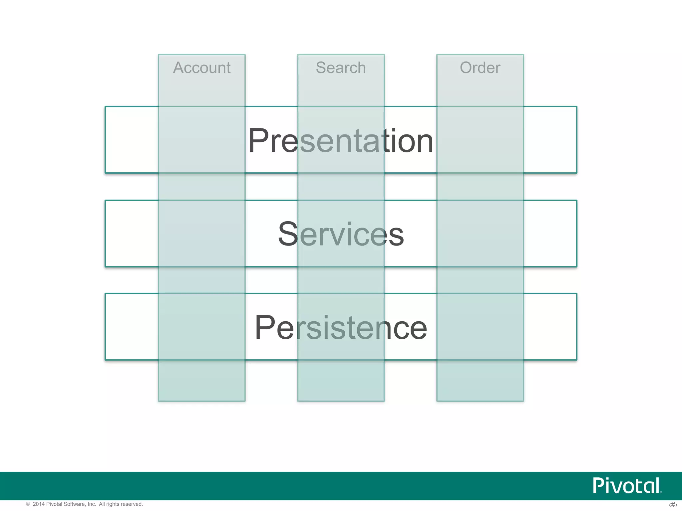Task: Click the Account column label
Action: (x=202, y=68)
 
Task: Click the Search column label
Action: (x=341, y=68)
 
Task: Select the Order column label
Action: (x=480, y=68)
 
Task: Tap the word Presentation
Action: (x=341, y=141)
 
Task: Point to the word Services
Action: (x=341, y=234)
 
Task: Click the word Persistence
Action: (x=341, y=328)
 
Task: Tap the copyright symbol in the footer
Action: (x=28, y=504)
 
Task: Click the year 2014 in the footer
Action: (x=38, y=504)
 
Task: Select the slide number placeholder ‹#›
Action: (x=673, y=505)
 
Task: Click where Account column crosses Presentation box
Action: (x=202, y=140)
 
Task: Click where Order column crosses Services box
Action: (x=480, y=234)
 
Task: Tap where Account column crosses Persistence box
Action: (x=202, y=327)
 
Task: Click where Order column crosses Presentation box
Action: (x=480, y=140)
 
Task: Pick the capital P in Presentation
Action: (x=258, y=141)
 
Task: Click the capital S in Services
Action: (x=288, y=234)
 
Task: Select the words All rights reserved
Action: (x=121, y=504)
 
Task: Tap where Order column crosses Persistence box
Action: (x=480, y=327)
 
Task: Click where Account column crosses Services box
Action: (x=202, y=234)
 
